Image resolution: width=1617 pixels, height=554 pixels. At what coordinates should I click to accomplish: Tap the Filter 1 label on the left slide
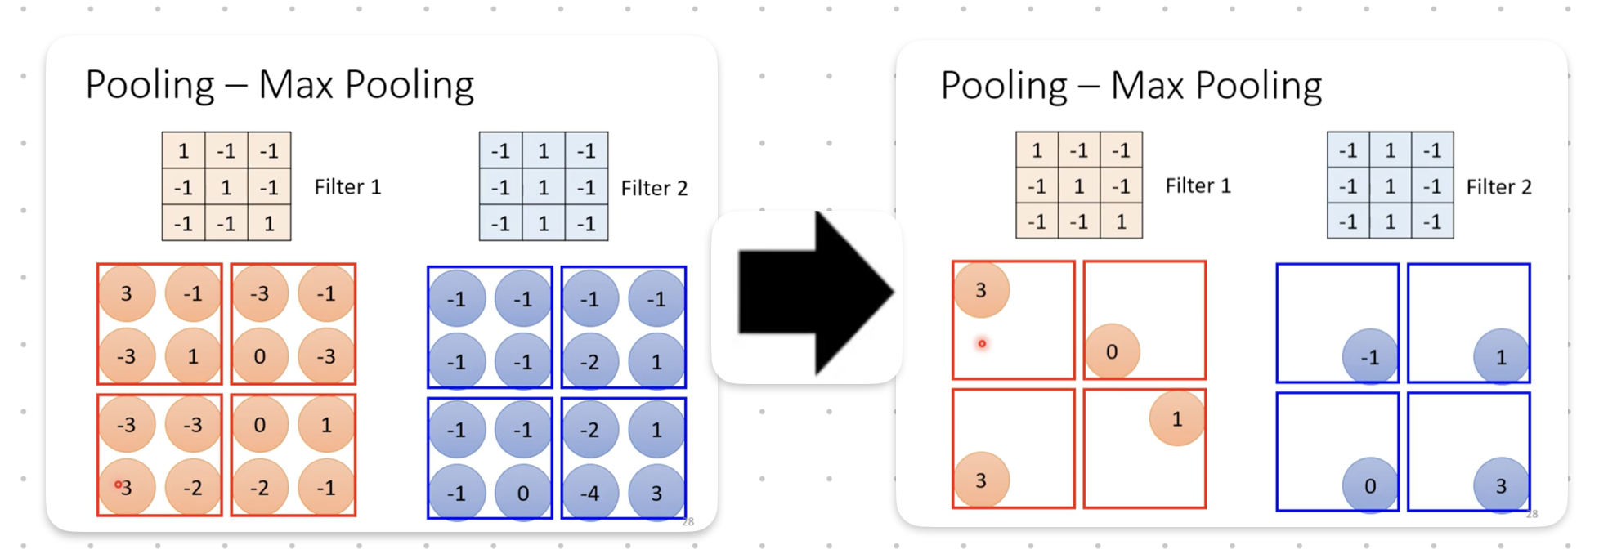[x=347, y=187]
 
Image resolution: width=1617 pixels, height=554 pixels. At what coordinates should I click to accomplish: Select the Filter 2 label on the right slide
[x=1498, y=187]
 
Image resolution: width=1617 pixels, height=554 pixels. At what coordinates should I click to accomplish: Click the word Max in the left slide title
[x=295, y=85]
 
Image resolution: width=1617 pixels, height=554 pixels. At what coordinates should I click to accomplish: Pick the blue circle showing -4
[x=589, y=493]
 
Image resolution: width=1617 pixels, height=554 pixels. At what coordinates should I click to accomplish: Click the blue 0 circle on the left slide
[x=523, y=493]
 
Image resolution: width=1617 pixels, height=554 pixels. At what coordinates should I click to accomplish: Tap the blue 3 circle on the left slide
[x=656, y=493]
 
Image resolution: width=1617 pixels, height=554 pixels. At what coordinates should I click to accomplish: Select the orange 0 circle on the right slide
[x=1112, y=351]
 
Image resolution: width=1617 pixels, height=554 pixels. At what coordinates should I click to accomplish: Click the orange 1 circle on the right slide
[x=1176, y=419]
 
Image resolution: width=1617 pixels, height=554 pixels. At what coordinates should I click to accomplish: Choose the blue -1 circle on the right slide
[x=1369, y=357]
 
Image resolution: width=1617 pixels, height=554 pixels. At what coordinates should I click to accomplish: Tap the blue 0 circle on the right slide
[x=1369, y=485]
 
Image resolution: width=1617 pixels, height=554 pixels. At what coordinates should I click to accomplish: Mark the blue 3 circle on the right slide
[x=1501, y=485]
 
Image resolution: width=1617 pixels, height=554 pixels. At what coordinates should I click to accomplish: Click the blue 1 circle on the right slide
[x=1501, y=357]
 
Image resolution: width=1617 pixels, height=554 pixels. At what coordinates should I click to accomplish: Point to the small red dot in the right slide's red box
[x=982, y=344]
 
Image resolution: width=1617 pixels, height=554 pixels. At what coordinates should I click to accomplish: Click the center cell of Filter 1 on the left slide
[x=226, y=187]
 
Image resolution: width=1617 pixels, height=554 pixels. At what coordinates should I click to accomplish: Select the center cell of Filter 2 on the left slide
[x=544, y=187]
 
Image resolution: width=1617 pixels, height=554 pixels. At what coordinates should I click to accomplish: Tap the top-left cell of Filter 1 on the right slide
[x=1037, y=150]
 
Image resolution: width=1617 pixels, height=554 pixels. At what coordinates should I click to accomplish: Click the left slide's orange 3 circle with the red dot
[x=127, y=487]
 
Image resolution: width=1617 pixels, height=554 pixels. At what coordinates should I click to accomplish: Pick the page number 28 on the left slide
[x=688, y=521]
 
